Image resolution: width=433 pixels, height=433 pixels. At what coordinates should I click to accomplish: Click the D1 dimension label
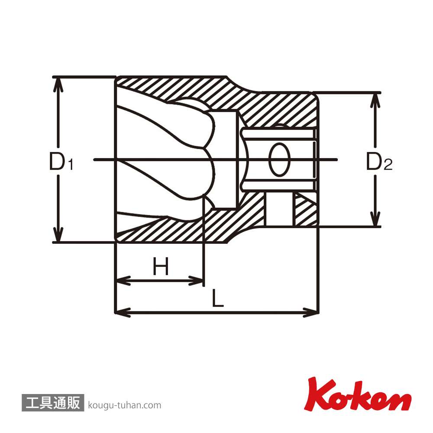tap(61, 162)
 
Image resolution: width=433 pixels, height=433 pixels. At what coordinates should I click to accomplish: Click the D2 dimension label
tap(379, 162)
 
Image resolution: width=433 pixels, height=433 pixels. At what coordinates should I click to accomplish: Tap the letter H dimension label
tap(161, 266)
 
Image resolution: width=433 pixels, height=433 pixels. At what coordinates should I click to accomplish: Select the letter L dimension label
tap(217, 298)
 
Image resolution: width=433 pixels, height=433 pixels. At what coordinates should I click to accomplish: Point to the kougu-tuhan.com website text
tap(125, 405)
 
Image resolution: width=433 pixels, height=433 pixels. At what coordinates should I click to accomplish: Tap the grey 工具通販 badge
tap(53, 403)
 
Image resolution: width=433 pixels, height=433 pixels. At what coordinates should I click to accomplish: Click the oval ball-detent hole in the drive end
tap(279, 159)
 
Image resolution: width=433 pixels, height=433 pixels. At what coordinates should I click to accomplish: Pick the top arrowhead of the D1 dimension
tap(58, 84)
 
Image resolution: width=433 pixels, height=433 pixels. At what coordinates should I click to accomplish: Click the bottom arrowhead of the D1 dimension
tap(58, 235)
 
